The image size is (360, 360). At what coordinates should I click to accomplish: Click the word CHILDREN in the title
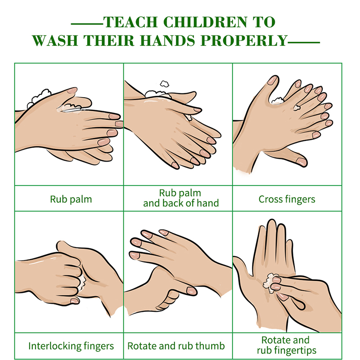pyautogui.click(x=206, y=22)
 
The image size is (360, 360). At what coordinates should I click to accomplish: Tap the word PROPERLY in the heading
pyautogui.click(x=244, y=40)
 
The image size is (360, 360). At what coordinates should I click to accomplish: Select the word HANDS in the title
pyautogui.click(x=167, y=40)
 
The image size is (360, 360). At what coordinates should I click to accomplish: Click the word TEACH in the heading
pyautogui.click(x=130, y=22)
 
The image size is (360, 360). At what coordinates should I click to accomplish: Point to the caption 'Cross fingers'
pyautogui.click(x=287, y=199)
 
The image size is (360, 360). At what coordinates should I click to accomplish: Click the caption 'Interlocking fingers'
pyautogui.click(x=71, y=346)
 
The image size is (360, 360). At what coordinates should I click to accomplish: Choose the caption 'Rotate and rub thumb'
pyautogui.click(x=176, y=346)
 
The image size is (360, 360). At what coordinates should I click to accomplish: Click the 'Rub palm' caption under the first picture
pyautogui.click(x=71, y=199)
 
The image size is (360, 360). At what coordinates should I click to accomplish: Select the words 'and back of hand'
pyautogui.click(x=181, y=203)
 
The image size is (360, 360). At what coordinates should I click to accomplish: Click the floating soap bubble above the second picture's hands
pyautogui.click(x=164, y=84)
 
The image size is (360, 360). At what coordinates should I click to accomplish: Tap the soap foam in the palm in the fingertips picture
pyautogui.click(x=270, y=283)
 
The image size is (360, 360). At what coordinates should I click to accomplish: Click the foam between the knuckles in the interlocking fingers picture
pyautogui.click(x=82, y=283)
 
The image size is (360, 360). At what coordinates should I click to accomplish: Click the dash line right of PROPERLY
pyautogui.click(x=303, y=42)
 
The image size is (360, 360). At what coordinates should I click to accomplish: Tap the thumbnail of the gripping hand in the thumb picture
pyautogui.click(x=192, y=291)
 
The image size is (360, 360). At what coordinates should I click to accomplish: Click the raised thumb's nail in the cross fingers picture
pyautogui.click(x=273, y=81)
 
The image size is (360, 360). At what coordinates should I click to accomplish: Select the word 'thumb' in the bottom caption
pyautogui.click(x=211, y=346)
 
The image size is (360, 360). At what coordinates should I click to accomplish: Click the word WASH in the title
pyautogui.click(x=55, y=40)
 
